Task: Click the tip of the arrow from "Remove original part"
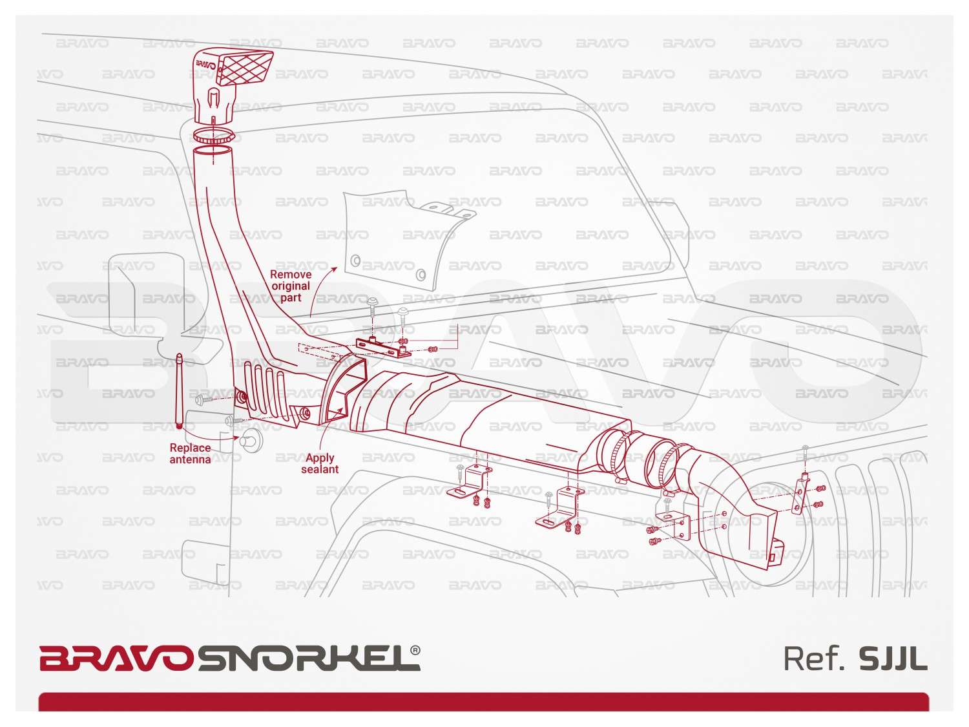[x=337, y=267]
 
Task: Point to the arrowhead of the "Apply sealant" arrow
[x=342, y=408]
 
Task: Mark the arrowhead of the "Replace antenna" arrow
[x=238, y=438]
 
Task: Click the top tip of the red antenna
[x=179, y=354]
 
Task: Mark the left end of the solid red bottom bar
[x=39, y=702]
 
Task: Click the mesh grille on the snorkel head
[x=245, y=69]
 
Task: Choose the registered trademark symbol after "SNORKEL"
[x=415, y=651]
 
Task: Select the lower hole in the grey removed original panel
[x=421, y=275]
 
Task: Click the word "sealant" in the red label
[x=320, y=469]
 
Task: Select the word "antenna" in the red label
[x=191, y=459]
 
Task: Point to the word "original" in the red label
[x=291, y=286]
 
